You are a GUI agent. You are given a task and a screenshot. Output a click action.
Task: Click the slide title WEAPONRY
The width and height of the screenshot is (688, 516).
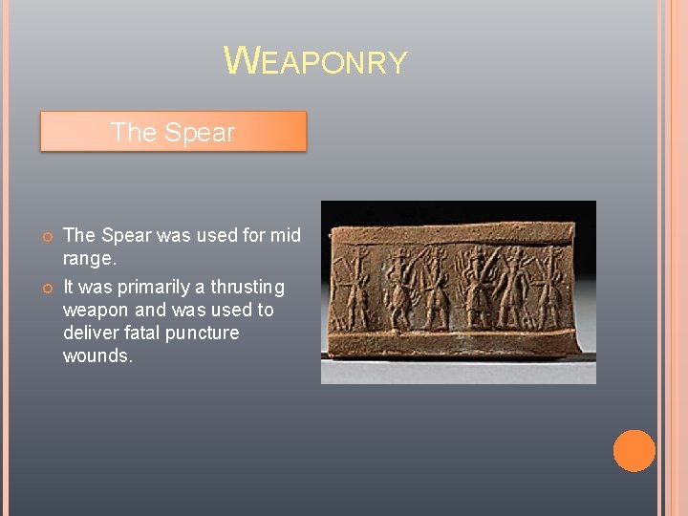point(315,61)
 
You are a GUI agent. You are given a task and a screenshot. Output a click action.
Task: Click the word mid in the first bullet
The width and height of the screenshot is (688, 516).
point(284,235)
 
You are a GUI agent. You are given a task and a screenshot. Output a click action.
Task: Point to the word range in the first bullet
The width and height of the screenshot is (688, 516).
point(87,259)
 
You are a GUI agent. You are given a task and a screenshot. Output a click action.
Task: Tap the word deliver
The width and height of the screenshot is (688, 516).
point(90,333)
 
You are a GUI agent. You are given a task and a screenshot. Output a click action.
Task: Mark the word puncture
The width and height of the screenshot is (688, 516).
point(205,333)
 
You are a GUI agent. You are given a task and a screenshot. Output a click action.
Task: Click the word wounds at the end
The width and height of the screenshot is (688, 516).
point(96,355)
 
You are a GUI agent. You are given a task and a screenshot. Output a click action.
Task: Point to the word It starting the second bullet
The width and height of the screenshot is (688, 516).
point(71,287)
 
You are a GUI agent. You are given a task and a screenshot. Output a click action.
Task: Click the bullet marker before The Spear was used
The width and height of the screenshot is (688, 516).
point(45,236)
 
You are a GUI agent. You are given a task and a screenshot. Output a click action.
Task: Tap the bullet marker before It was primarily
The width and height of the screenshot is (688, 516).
point(45,288)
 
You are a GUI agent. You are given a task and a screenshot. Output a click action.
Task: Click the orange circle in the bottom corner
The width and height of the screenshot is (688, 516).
point(634,451)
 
